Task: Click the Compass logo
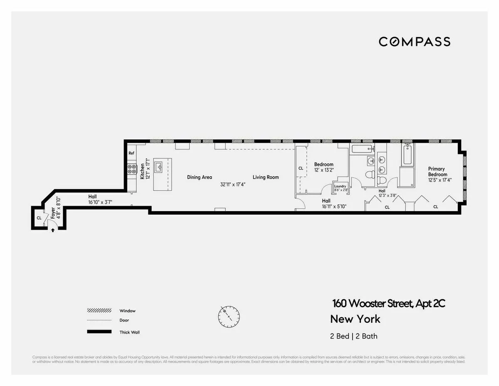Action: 414,42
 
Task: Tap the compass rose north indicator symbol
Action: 228,316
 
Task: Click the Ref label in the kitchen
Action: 131,153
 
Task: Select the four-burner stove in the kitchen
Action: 132,169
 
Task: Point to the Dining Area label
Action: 200,177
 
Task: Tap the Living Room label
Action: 266,177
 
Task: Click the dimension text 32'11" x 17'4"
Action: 233,184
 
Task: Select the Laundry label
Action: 340,186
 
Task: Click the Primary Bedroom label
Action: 437,172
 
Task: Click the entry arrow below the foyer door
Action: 52,230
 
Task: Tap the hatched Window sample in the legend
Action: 99,311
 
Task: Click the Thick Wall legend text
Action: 130,332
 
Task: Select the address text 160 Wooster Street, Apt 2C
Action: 388,304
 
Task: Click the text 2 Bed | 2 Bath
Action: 354,336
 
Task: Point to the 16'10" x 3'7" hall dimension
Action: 100,202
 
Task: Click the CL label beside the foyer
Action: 39,218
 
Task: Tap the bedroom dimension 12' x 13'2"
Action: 324,170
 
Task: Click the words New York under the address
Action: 355,319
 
